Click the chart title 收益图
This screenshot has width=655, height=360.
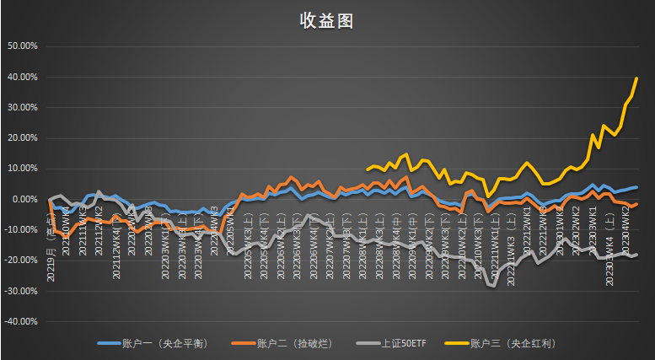[326, 21]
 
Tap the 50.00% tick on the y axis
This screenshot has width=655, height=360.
[22, 46]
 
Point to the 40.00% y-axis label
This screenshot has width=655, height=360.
[22, 77]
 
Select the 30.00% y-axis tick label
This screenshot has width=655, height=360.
[22, 107]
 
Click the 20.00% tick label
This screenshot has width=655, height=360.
[22, 138]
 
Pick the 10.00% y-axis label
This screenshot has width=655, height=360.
[22, 169]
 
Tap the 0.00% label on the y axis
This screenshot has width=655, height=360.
[24, 199]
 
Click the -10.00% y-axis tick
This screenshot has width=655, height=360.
[20, 229]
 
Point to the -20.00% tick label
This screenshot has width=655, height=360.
[20, 260]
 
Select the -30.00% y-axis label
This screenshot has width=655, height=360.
[20, 291]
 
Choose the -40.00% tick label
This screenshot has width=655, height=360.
[20, 321]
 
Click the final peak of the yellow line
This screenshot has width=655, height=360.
[636, 78]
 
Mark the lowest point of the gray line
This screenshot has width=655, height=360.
[492, 287]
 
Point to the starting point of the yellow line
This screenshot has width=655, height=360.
[368, 169]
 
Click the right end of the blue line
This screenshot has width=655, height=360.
[636, 187]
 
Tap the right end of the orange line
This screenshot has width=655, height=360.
[636, 203]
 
